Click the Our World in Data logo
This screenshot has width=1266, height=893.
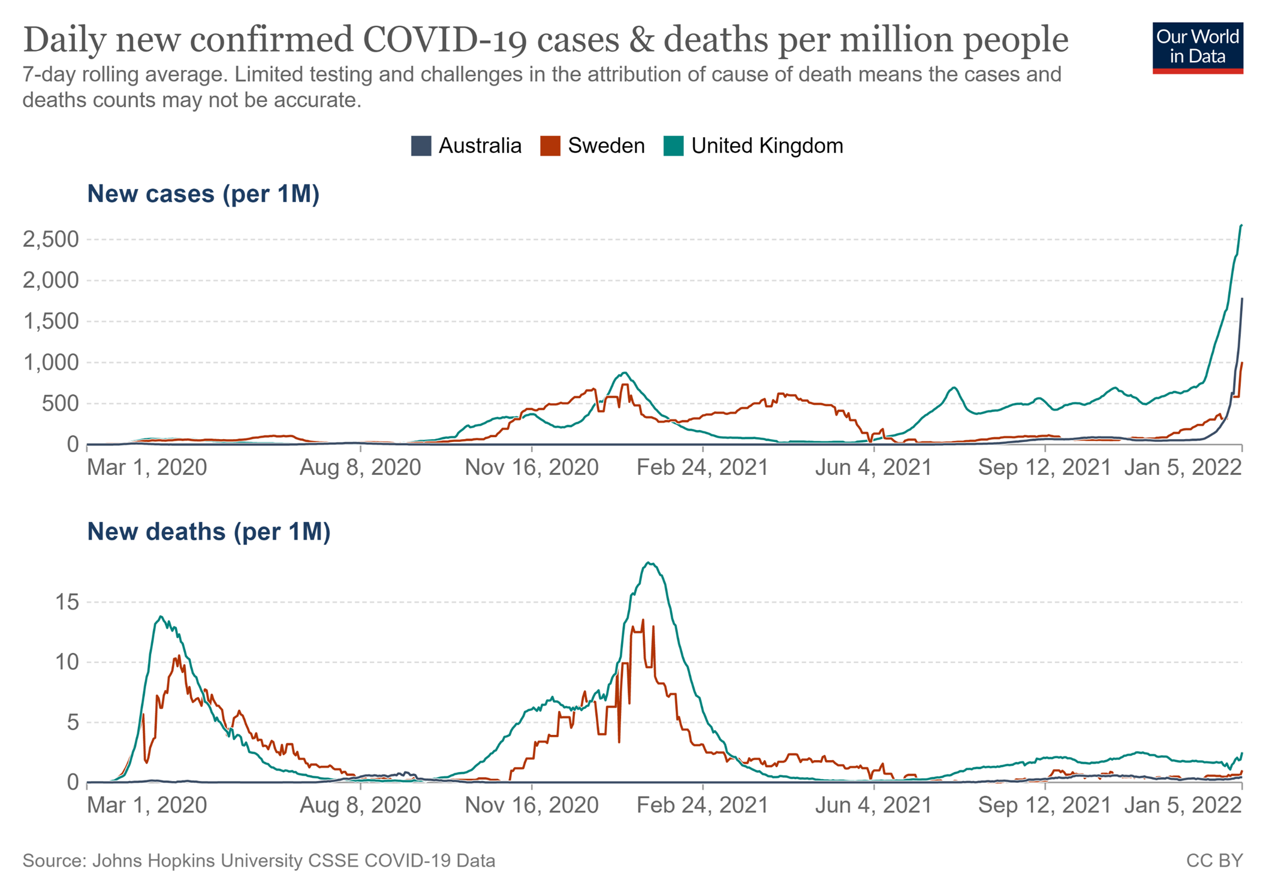click(1197, 48)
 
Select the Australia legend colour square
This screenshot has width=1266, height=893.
click(421, 146)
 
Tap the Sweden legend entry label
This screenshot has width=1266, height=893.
click(606, 146)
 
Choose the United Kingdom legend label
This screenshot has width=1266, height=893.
click(767, 146)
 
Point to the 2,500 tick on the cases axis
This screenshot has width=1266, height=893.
click(51, 240)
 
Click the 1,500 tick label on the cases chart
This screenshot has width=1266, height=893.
click(51, 322)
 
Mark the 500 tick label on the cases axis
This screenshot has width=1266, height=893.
click(60, 404)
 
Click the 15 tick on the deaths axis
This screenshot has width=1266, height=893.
click(67, 603)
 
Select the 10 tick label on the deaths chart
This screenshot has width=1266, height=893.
click(67, 662)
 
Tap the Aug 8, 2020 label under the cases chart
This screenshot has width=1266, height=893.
click(360, 468)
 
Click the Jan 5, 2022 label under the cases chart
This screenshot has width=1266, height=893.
click(1183, 468)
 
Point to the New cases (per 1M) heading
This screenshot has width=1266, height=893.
click(203, 194)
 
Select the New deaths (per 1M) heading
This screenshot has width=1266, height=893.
click(209, 532)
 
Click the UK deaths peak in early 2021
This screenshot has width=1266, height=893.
click(650, 563)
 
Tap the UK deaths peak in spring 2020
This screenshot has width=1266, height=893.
click(160, 617)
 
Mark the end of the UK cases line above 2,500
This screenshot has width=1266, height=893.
click(1241, 225)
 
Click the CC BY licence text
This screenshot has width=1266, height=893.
click(1214, 861)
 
